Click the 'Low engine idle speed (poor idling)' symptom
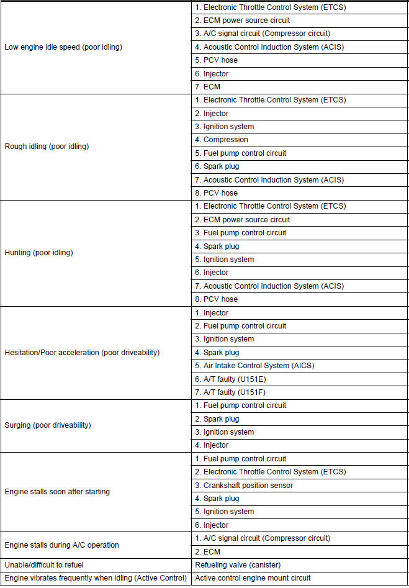pyautogui.click(x=63, y=47)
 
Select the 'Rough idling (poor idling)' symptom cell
pyautogui.click(x=47, y=147)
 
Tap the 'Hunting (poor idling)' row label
pyautogui.click(x=38, y=253)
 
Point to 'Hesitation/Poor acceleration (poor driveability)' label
pyautogui.click(x=82, y=353)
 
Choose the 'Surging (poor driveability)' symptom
pyautogui.click(x=48, y=425)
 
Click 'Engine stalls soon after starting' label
pyautogui.click(x=57, y=492)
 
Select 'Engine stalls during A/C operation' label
pyautogui.click(x=61, y=545)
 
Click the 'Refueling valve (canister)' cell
pyautogui.click(x=237, y=565)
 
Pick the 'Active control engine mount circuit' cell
pyautogui.click(x=253, y=578)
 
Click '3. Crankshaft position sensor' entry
pyautogui.click(x=244, y=485)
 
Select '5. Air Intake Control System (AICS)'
pyautogui.click(x=254, y=366)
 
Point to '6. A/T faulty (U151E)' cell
pyautogui.click(x=230, y=379)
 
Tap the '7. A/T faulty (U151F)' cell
pyautogui.click(x=230, y=392)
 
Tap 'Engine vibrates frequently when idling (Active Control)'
pyautogui.click(x=96, y=578)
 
